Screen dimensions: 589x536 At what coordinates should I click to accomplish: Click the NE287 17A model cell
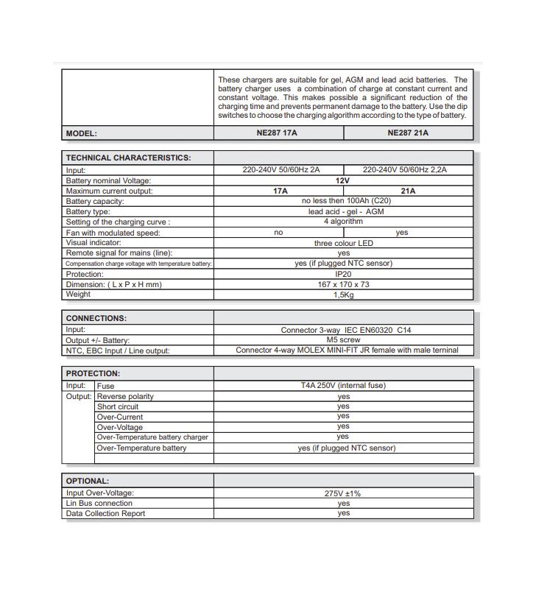[278, 133]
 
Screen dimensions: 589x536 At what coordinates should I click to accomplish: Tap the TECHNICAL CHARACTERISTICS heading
[128, 158]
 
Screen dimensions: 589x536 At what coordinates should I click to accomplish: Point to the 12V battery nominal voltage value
[342, 180]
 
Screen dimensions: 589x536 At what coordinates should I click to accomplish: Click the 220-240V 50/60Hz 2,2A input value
[405, 170]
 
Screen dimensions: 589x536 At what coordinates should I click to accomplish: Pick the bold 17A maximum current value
[281, 191]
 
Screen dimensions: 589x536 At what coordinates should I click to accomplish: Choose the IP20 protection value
[343, 274]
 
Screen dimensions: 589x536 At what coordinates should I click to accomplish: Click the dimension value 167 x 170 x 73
[343, 284]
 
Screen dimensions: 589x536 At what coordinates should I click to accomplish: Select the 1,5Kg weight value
[343, 294]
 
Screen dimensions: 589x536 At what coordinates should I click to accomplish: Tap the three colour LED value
[343, 243]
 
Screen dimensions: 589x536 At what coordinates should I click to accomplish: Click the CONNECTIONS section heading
[96, 318]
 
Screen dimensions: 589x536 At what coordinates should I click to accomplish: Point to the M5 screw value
[343, 340]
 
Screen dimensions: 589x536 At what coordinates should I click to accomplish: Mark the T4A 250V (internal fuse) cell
[343, 385]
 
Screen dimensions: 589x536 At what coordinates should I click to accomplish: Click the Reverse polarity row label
[125, 397]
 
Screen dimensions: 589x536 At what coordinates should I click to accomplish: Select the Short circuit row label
[118, 406]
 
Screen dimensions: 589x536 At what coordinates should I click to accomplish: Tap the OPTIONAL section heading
[88, 481]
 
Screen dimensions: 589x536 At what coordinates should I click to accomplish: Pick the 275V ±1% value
[343, 493]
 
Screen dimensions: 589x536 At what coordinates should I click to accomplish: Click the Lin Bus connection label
[99, 504]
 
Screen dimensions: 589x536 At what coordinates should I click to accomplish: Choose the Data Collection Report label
[105, 514]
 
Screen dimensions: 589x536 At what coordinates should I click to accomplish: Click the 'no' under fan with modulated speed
[278, 233]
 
